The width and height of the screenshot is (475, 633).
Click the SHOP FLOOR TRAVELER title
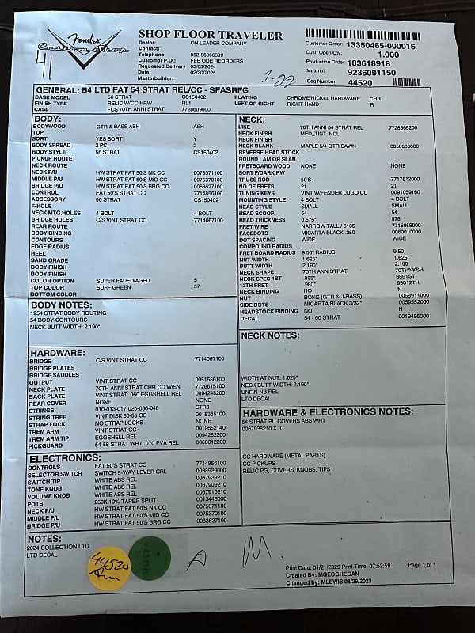(x=210, y=35)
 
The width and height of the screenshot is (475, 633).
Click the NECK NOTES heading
(x=271, y=335)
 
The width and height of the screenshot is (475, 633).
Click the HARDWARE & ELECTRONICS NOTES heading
(x=328, y=412)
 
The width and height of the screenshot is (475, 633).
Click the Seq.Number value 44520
(x=359, y=81)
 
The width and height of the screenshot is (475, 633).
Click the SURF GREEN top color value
(x=114, y=287)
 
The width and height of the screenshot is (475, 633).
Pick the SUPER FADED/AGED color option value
(x=123, y=280)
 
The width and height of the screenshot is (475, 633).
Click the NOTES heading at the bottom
(x=45, y=538)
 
